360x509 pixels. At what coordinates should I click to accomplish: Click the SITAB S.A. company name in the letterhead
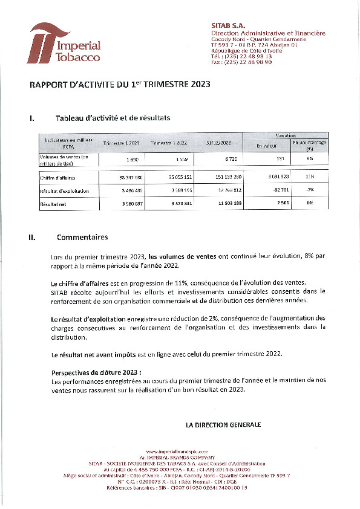point(226,25)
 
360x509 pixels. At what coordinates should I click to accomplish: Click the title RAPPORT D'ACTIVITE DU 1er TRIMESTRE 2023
point(120,85)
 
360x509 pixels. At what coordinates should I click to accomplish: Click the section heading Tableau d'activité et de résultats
point(113,118)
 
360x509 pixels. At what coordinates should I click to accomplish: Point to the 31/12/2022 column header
point(218,143)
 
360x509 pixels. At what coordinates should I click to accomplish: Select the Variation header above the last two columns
point(286,135)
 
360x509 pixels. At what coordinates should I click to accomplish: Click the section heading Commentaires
point(82,238)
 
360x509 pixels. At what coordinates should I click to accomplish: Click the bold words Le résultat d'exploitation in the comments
point(88,318)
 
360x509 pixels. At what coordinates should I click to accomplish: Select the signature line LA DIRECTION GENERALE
point(223,425)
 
